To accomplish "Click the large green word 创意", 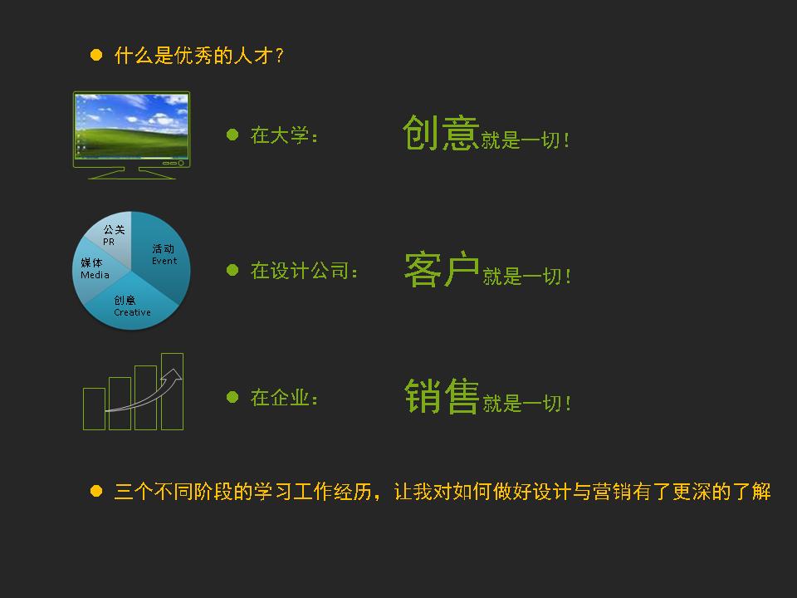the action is tap(441, 133).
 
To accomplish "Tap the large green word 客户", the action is tap(441, 269).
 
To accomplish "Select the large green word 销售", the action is tap(442, 396).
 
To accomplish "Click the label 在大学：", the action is tap(284, 135).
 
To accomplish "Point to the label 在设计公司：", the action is tap(304, 271).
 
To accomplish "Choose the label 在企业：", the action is tap(284, 398).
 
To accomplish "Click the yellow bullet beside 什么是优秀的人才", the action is tap(96, 55).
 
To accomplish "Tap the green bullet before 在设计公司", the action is tap(232, 270).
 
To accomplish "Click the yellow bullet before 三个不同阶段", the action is tap(96, 491).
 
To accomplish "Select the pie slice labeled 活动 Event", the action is tap(163, 259).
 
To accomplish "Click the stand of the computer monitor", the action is tap(132, 173).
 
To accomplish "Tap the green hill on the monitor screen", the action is tap(132, 142).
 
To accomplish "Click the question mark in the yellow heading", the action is tap(279, 56).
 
